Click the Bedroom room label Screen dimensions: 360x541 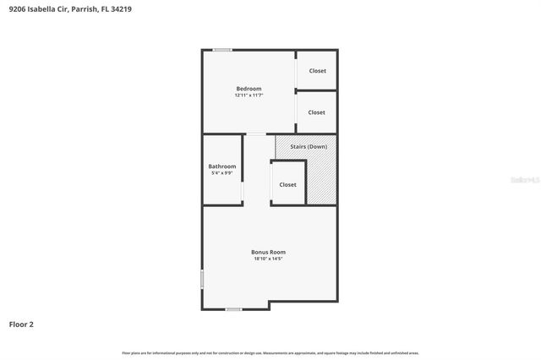(x=249, y=89)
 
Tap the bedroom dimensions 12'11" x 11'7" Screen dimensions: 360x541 (x=249, y=95)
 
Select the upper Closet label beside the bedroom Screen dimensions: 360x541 (x=317, y=71)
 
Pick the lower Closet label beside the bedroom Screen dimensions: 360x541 (x=317, y=112)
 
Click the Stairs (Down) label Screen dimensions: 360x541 (x=309, y=147)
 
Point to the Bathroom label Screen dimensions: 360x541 (x=222, y=166)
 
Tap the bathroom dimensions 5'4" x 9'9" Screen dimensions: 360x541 (x=222, y=173)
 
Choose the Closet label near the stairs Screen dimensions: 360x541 (x=288, y=184)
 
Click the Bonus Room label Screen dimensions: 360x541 (x=268, y=252)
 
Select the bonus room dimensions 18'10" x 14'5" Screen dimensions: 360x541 (x=268, y=259)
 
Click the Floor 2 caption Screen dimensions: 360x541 (x=21, y=324)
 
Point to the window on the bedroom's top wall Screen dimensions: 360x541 (x=222, y=50)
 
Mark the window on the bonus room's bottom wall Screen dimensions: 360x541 (x=233, y=309)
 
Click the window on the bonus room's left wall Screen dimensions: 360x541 (x=202, y=279)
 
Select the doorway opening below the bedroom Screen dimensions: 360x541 (x=255, y=134)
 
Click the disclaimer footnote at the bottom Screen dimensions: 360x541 (x=270, y=352)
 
